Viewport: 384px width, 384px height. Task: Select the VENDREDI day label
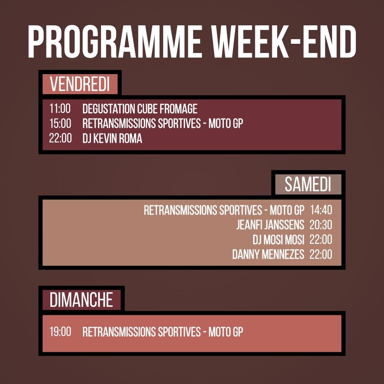(80, 84)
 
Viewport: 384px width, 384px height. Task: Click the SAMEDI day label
(308, 185)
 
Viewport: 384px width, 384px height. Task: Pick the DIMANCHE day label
(81, 300)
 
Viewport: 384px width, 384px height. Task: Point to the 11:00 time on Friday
(60, 109)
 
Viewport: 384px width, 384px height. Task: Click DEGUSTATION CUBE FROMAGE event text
(140, 109)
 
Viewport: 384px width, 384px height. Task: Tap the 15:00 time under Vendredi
(60, 124)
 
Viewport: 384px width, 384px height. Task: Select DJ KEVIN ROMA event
(112, 139)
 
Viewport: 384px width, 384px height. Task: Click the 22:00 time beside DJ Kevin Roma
(60, 139)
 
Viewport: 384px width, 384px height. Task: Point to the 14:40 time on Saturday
(321, 210)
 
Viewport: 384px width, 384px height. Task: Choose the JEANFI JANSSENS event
(270, 225)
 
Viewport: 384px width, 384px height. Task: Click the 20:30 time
(321, 225)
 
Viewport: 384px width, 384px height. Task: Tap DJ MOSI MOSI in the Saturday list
(278, 240)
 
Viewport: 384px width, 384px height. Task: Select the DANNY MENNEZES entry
(268, 255)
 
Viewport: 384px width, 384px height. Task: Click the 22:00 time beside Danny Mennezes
(321, 255)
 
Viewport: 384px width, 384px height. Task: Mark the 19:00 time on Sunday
(60, 332)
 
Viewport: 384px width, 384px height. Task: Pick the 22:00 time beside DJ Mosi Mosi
(321, 240)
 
